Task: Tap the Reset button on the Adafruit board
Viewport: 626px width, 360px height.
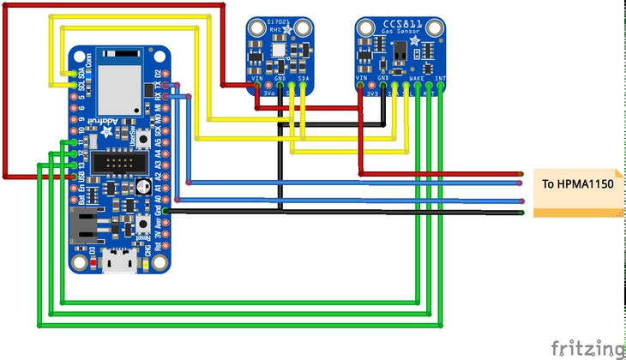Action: (x=141, y=225)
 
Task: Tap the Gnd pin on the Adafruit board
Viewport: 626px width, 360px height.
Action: (x=166, y=211)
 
